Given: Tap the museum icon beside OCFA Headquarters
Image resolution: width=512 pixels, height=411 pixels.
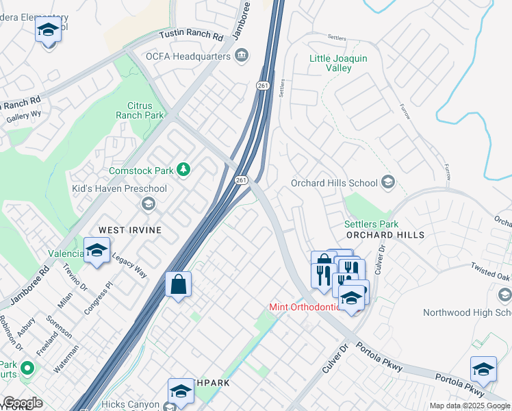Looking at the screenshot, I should [241, 56].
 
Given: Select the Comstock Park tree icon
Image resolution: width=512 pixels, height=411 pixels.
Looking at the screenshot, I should [183, 169].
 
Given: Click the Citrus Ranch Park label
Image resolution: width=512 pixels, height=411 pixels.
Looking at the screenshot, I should [145, 110].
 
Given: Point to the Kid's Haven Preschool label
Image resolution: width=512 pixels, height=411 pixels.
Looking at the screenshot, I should [120, 188].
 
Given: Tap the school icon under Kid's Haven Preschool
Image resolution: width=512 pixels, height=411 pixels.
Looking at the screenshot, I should [148, 203].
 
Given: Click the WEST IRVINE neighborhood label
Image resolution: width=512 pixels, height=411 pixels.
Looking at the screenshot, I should [130, 230].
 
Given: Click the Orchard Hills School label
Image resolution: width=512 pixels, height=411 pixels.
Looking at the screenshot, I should [334, 183].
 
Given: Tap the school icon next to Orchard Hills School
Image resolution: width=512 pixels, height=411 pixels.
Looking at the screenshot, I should [388, 182].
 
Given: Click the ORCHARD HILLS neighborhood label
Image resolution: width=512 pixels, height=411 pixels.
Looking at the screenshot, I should [385, 235].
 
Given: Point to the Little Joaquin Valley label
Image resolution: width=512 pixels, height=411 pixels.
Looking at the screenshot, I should [338, 63].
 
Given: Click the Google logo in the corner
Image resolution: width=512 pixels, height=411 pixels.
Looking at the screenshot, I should [23, 403].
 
